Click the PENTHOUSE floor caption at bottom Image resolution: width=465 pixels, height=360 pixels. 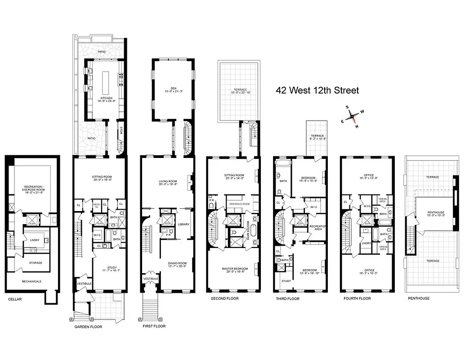418,298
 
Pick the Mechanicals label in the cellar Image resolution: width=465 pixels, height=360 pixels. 31,281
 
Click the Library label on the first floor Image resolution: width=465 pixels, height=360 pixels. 183,224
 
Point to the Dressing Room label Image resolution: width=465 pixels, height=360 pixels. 239,203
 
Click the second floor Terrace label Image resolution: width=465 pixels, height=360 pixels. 240,90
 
